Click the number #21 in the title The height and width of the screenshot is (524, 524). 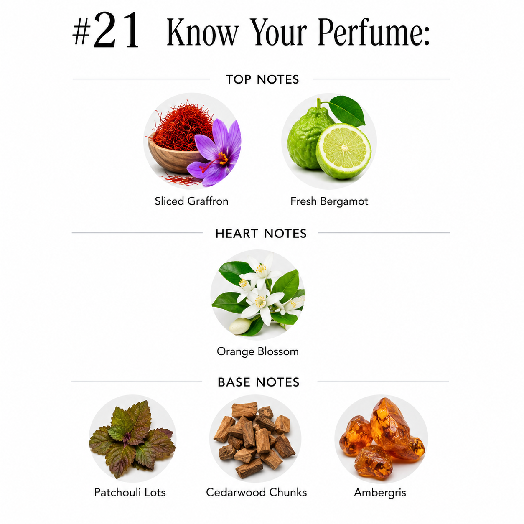(106, 31)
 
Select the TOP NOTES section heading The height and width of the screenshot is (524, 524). (262, 79)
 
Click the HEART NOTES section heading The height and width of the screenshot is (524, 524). (261, 234)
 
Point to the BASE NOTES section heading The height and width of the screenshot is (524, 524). (259, 382)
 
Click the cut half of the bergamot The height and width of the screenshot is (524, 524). (343, 151)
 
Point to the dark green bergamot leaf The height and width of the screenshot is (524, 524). (347, 110)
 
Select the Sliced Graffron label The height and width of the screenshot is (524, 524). (191, 201)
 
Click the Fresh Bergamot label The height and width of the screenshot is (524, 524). (329, 201)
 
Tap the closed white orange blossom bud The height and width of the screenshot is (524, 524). (240, 326)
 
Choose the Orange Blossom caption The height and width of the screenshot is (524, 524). (257, 351)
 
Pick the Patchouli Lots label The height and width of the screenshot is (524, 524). (130, 493)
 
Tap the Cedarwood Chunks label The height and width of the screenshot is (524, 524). (256, 493)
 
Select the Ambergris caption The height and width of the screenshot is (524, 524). (380, 493)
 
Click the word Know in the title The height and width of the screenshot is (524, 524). (203, 32)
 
